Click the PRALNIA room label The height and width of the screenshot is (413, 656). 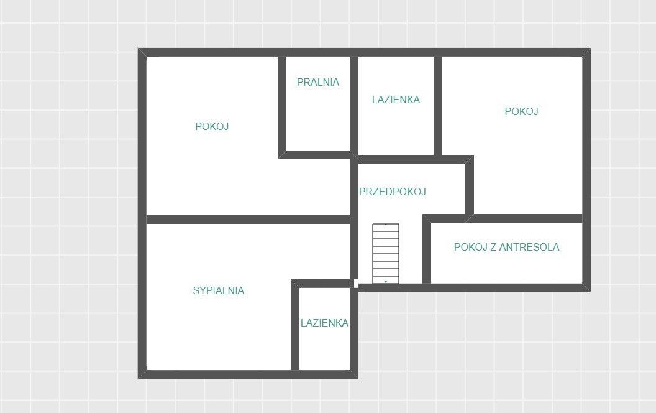[318, 82]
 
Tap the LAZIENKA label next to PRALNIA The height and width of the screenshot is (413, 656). [396, 100]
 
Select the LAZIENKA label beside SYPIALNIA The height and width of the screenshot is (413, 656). [324, 323]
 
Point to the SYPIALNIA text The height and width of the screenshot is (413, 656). [219, 290]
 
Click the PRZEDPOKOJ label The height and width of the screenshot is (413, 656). [393, 192]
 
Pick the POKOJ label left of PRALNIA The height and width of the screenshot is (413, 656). [212, 126]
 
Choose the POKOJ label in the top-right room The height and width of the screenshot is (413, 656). [521, 111]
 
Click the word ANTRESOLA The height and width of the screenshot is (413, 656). [529, 247]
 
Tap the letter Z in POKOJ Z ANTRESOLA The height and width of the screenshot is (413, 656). [493, 247]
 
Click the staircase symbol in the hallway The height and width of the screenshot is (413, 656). [386, 254]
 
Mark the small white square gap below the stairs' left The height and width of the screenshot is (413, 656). [356, 284]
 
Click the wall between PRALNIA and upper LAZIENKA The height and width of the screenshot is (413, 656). [354, 104]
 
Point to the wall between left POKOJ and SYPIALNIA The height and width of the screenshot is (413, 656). [248, 220]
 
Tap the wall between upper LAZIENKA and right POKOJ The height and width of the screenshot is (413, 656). [438, 106]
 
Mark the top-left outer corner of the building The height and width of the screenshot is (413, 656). [139, 49]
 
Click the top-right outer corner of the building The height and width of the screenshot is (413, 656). [590, 49]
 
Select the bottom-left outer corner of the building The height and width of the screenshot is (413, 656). [139, 378]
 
